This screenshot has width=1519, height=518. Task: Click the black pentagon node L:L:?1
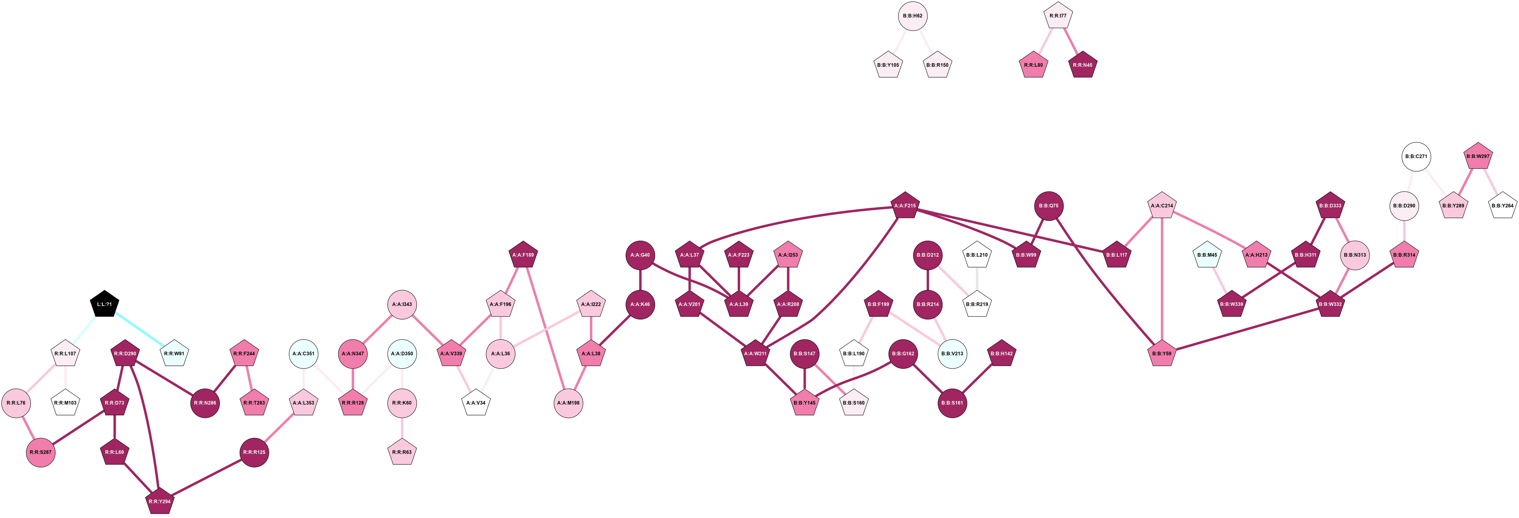[104, 304]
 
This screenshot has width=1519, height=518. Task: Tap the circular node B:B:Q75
[1049, 206]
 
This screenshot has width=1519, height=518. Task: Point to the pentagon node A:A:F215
[905, 206]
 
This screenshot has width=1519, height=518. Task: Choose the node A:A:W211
[755, 354]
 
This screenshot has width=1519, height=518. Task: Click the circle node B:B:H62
[913, 16]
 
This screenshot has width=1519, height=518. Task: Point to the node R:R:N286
[205, 403]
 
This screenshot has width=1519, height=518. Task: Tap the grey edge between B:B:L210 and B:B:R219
[977, 280]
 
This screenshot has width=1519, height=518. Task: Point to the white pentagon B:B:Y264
[1502, 206]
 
